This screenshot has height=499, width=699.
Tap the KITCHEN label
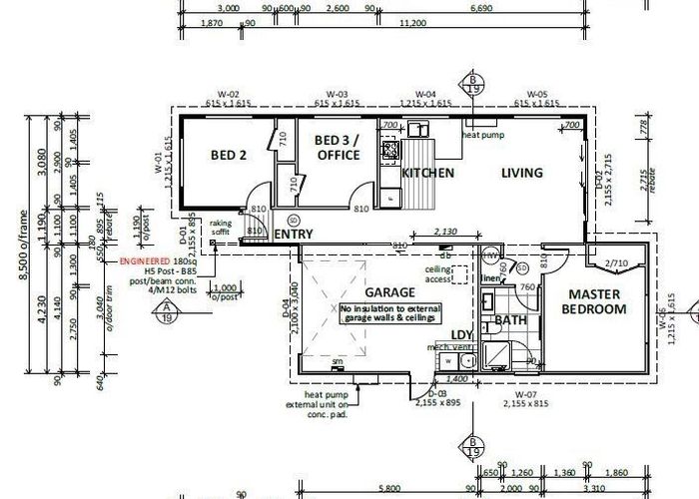pyautogui.click(x=427, y=173)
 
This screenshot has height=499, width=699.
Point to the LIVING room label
pyautogui.click(x=522, y=173)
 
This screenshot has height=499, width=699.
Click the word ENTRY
pyautogui.click(x=294, y=234)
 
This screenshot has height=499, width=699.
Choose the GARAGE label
pyautogui.click(x=389, y=292)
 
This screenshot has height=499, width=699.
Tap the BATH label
pyautogui.click(x=510, y=321)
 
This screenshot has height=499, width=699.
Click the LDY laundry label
pyautogui.click(x=461, y=333)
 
